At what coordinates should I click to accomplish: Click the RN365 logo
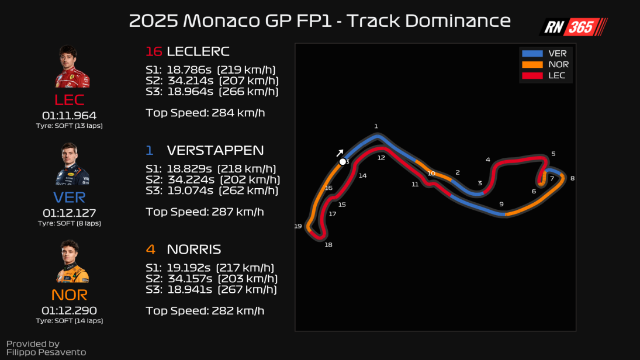[x=573, y=27]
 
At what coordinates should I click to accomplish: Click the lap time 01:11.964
[x=69, y=116]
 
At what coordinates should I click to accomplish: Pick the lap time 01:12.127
[x=69, y=213]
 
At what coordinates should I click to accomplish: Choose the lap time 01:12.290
[x=69, y=310]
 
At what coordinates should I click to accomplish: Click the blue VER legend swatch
[x=532, y=54]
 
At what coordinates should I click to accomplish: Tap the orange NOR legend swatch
[x=532, y=64]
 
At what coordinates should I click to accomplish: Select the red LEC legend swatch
[x=532, y=75]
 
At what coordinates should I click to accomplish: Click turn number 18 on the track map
[x=328, y=245]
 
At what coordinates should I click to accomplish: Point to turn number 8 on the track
[x=572, y=178]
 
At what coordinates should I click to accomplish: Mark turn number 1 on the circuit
[x=376, y=126]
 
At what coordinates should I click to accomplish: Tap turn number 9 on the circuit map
[x=501, y=204]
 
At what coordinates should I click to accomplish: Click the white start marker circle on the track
[x=343, y=162]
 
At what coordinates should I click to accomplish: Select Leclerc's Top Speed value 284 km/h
[x=237, y=112]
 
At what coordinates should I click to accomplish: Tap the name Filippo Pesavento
[x=46, y=352]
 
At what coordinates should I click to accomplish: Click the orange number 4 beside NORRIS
[x=150, y=250]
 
